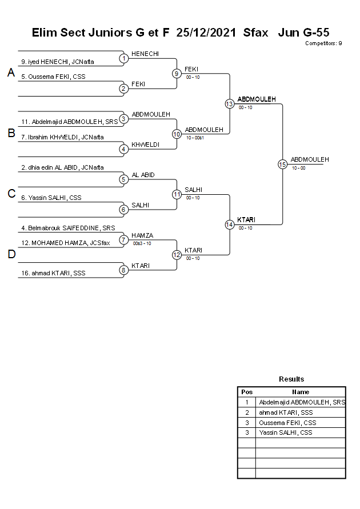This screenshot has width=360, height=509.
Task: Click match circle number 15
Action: (x=282, y=164)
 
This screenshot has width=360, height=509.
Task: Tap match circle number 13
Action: (x=229, y=103)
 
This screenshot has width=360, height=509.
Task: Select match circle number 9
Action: (x=177, y=73)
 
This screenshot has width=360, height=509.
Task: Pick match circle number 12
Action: (x=177, y=255)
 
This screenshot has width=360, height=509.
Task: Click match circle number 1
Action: (x=123, y=58)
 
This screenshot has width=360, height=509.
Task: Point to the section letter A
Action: (x=11, y=73)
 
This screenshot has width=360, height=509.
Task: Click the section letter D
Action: (x=11, y=254)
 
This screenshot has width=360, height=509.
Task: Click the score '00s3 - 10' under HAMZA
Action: (x=142, y=243)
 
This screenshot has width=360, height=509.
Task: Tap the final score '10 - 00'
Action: (x=298, y=168)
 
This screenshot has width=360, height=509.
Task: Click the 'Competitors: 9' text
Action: (x=323, y=43)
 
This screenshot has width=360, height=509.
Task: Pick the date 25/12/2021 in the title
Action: (x=206, y=33)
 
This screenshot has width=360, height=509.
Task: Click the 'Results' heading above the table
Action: (x=291, y=379)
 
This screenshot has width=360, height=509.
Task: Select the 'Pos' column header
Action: (x=247, y=392)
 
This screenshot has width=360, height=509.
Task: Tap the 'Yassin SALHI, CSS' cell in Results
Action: (x=286, y=433)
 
